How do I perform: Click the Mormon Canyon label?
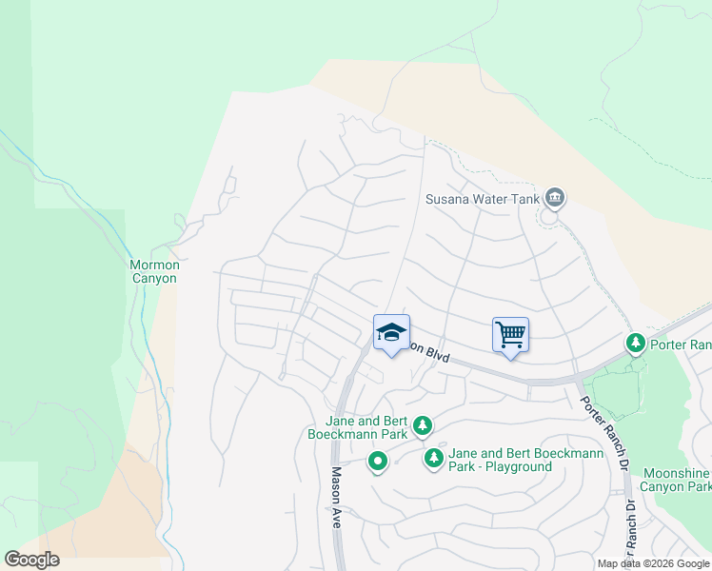(153, 271)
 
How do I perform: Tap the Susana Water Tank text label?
(482, 200)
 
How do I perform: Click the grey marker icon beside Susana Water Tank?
(556, 198)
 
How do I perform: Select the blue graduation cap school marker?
(391, 332)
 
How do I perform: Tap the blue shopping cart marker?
(510, 334)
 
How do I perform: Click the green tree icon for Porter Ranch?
(635, 342)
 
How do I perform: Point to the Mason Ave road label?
(337, 490)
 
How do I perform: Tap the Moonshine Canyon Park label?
(677, 480)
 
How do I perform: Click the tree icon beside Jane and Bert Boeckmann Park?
(422, 426)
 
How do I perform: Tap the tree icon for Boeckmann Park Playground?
(433, 459)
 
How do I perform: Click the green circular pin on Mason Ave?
(378, 463)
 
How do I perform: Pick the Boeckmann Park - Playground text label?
(513, 461)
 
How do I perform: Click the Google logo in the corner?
(32, 559)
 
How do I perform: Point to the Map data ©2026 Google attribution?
(653, 563)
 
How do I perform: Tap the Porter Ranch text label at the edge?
(680, 344)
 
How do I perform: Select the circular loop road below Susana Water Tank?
(549, 216)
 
